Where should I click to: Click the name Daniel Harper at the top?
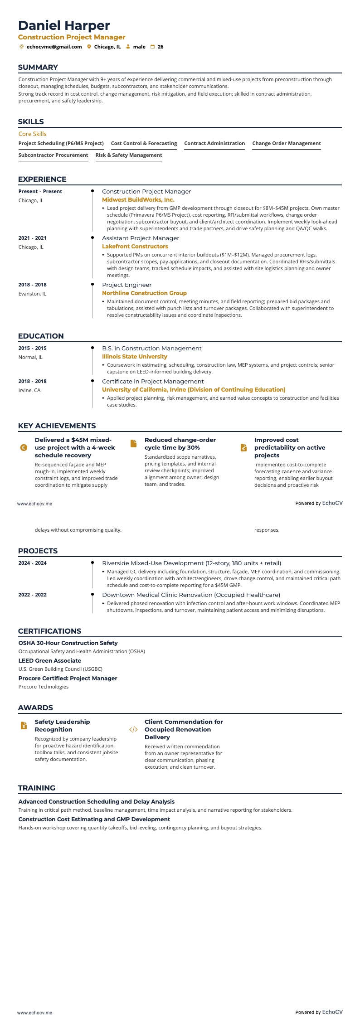pos(64,25)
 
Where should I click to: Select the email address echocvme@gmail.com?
pos(54,47)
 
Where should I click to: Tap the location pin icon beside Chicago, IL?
pos(89,47)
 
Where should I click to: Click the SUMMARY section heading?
pos(38,68)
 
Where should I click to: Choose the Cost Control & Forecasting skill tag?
pos(144,143)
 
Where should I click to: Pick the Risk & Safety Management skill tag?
pos(129,155)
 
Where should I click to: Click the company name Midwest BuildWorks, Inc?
pos(138,199)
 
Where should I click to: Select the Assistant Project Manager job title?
pos(141,238)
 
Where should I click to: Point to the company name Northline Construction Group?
pos(144,293)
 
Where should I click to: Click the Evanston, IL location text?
pos(32,294)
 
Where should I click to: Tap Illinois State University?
pos(135,357)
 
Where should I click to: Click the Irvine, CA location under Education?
pos(29,390)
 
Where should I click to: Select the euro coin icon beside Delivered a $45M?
pos(24,448)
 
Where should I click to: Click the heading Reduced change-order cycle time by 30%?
pos(180,444)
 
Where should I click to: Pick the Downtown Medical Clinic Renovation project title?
pos(191,595)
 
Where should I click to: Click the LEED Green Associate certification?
pos(50,661)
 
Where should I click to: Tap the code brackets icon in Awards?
pos(133,730)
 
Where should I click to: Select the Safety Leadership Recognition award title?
pos(62,726)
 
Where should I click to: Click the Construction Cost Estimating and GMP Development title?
pos(94,819)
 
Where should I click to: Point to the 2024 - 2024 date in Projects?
pos(33,563)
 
